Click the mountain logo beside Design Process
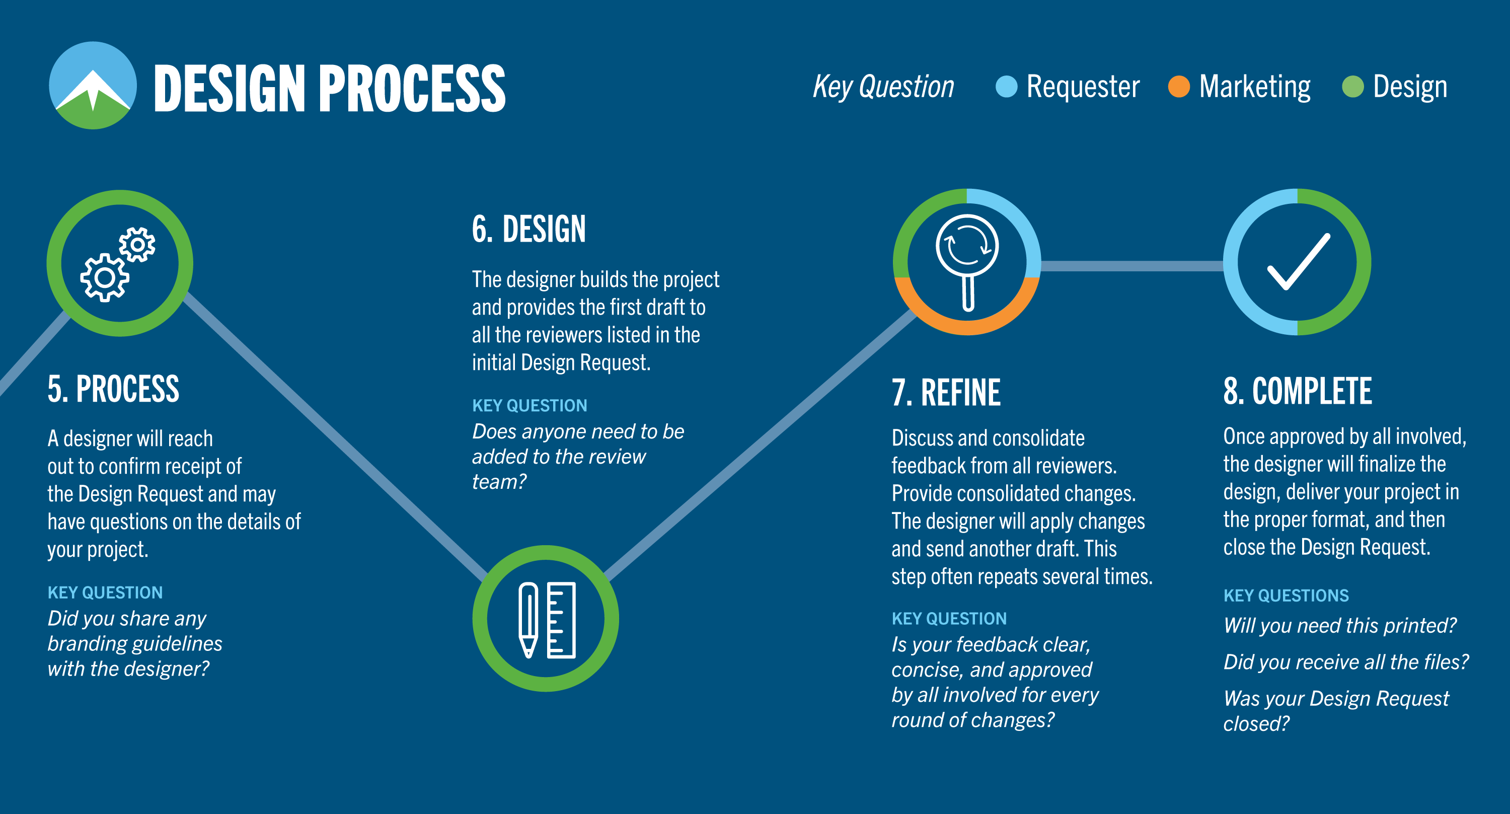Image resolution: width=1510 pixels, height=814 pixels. click(x=93, y=86)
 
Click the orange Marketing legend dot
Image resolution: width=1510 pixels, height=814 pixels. click(x=1179, y=87)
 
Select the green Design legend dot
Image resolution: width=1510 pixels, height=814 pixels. click(x=1353, y=87)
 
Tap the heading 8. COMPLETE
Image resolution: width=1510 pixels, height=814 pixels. click(x=1297, y=391)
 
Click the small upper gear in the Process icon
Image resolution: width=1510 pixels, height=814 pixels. click(x=138, y=245)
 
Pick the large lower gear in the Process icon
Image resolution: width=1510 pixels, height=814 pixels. click(x=105, y=278)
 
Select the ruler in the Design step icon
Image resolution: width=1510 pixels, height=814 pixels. click(x=561, y=620)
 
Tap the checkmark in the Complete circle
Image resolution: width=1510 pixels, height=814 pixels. click(x=1299, y=262)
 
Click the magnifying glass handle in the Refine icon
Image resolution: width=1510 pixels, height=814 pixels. click(x=968, y=291)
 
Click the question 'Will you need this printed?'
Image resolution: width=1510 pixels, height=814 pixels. click(x=1339, y=626)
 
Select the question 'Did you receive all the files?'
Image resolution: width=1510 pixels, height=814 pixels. click(x=1346, y=662)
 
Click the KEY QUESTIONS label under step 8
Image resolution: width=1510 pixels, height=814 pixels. click(x=1286, y=596)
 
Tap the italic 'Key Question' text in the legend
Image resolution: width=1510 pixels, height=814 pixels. click(x=883, y=87)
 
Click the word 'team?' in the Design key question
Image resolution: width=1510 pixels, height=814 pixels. click(x=499, y=482)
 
